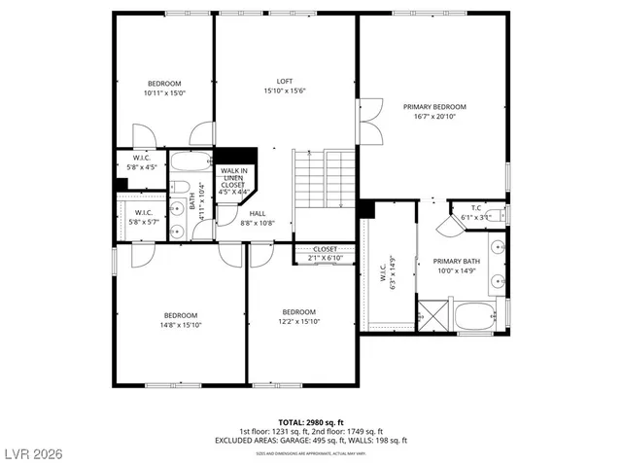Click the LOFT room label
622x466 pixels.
click(285, 81)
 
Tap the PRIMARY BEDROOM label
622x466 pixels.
click(434, 106)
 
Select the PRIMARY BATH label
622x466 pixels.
click(457, 261)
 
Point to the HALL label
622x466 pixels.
click(258, 213)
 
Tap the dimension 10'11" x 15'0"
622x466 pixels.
click(164, 93)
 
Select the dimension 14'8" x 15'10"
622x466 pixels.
click(181, 326)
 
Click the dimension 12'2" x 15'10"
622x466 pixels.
click(300, 321)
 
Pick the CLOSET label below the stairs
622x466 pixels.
click(325, 249)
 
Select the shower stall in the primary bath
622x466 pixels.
click(430, 316)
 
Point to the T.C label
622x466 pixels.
click(476, 207)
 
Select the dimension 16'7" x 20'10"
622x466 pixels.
click(434, 117)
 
